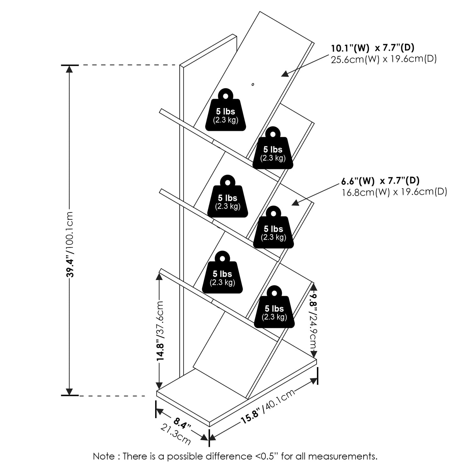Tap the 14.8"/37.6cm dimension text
[x=161, y=331]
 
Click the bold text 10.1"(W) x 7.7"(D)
[x=372, y=48]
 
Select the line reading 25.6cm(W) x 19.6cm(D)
[x=383, y=59]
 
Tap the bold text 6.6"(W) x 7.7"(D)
[x=380, y=181]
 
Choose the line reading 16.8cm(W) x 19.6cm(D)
[x=394, y=192]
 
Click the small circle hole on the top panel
[x=253, y=85]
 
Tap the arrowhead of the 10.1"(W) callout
[x=284, y=74]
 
